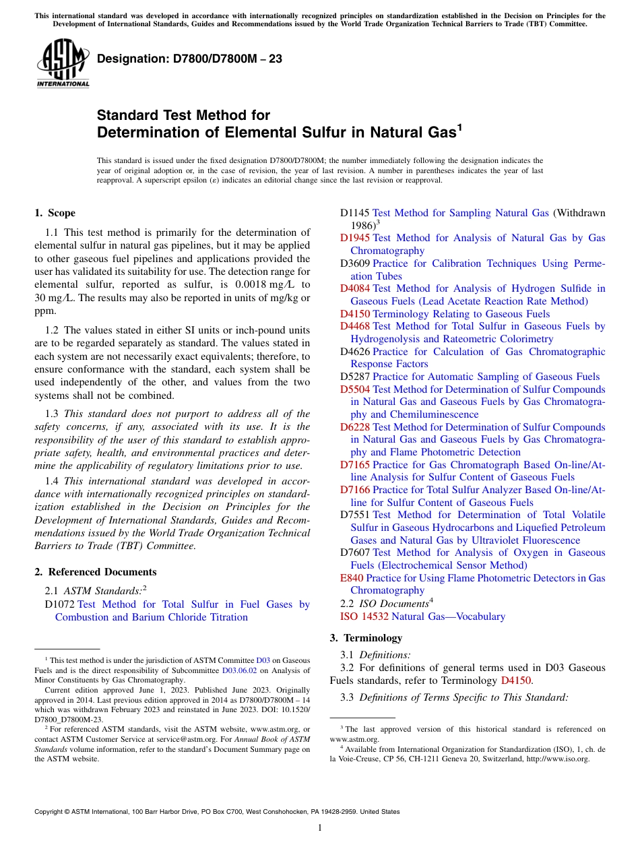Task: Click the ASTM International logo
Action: click(63, 63)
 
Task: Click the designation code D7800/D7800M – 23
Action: click(189, 59)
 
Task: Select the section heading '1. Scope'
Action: click(55, 213)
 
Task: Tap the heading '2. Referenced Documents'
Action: click(95, 572)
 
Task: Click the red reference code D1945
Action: click(355, 238)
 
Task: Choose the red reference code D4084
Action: click(355, 288)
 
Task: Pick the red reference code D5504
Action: click(355, 389)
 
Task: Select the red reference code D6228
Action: click(355, 427)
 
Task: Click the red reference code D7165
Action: click(355, 465)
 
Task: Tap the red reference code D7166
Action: click(355, 490)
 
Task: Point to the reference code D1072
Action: click(59, 604)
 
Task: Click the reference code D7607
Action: click(355, 552)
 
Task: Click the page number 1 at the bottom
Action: click(320, 828)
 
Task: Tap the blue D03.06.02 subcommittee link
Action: click(239, 670)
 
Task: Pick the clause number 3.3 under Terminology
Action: click(348, 697)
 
